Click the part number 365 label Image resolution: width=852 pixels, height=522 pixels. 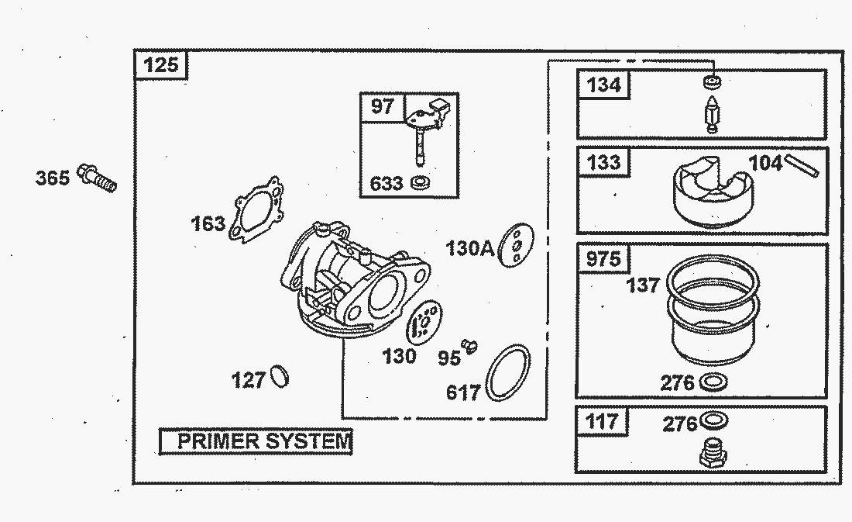(x=53, y=178)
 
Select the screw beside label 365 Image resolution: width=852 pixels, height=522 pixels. (x=97, y=178)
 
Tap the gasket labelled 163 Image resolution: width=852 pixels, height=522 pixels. (x=256, y=209)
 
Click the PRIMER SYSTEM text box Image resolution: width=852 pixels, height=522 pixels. (x=256, y=441)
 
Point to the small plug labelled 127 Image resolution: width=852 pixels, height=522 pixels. (x=280, y=376)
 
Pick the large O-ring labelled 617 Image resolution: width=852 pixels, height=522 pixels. (x=508, y=373)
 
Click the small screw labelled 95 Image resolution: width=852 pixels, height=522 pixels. (x=469, y=346)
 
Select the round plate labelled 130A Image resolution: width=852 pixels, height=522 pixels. (x=516, y=245)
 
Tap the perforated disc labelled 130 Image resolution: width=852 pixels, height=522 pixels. (x=424, y=323)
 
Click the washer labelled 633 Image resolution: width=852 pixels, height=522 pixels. (x=421, y=182)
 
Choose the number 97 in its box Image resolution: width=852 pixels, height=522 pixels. (x=382, y=106)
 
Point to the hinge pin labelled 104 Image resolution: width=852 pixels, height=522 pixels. (x=802, y=165)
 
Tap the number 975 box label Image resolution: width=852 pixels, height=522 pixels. (x=603, y=258)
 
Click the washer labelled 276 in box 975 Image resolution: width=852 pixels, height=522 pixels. (x=713, y=382)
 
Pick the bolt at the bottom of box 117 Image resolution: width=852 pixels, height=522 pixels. (x=713, y=454)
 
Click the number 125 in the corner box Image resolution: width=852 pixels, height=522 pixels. (x=161, y=65)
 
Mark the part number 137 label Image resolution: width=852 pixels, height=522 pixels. (x=643, y=285)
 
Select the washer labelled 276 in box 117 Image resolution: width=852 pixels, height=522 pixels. (x=714, y=420)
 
